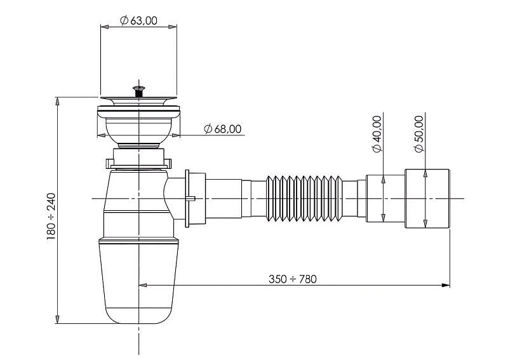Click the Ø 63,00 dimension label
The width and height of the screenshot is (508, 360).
(x=138, y=20)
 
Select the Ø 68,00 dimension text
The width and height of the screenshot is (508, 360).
(x=223, y=130)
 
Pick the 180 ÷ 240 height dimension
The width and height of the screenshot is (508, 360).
(x=51, y=216)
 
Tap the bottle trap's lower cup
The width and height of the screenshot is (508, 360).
(x=138, y=279)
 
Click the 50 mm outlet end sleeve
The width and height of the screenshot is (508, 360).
(x=427, y=198)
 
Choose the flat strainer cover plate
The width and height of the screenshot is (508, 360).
(x=138, y=100)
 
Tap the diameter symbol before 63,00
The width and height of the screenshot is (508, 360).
(x=124, y=21)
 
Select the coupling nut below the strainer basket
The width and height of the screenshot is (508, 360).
(x=138, y=155)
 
